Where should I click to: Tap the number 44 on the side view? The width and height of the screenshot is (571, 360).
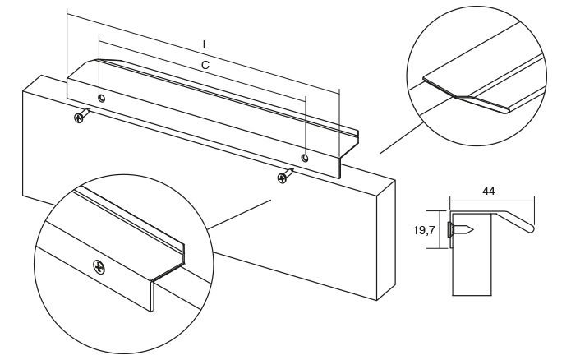tap(488, 191)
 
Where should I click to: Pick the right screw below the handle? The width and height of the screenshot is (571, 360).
tap(285, 176)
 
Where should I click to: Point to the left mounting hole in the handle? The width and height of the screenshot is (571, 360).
tap(101, 99)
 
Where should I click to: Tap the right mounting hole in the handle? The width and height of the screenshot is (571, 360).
tap(305, 157)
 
